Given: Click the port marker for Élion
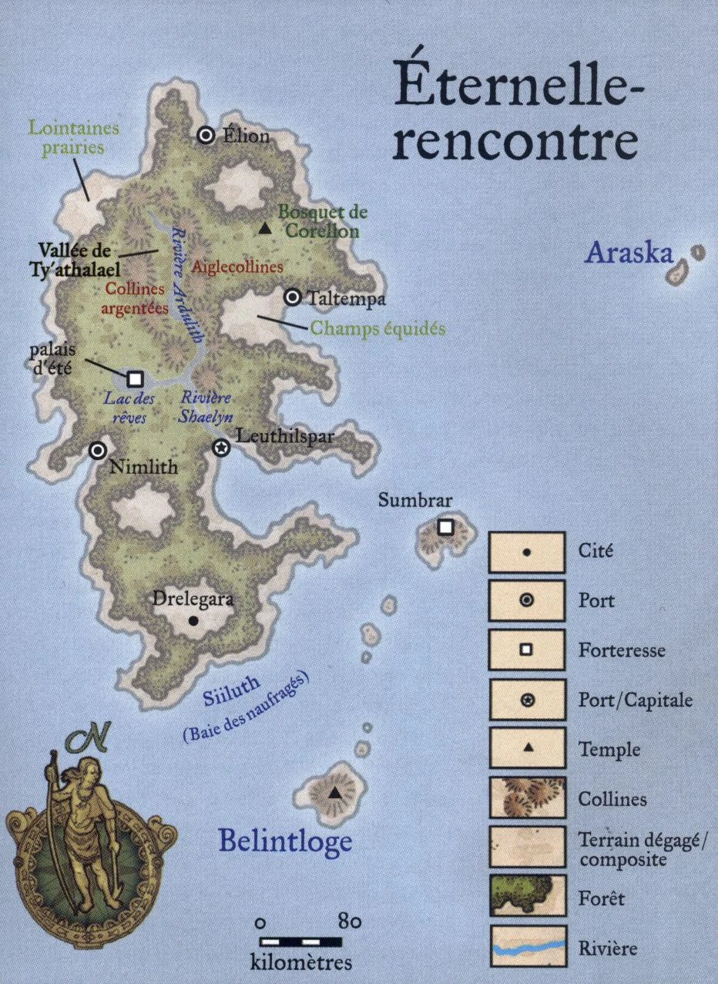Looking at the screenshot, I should (206, 136).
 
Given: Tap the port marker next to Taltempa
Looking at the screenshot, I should (293, 297).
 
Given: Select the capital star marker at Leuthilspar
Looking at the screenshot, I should (221, 448).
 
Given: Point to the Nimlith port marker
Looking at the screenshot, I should (98, 452).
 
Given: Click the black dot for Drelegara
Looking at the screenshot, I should (193, 620).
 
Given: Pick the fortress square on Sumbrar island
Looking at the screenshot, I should (445, 527).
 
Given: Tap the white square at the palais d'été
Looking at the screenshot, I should (136, 378).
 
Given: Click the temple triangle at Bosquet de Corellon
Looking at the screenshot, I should (265, 228).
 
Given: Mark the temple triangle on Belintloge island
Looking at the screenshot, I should (334, 793).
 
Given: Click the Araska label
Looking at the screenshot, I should (629, 254).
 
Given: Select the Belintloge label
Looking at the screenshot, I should (284, 841).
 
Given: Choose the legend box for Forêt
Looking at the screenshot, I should (528, 897).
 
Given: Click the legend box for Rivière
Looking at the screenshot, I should (528, 947).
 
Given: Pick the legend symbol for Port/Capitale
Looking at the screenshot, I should (528, 700).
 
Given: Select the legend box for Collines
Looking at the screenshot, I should (528, 798).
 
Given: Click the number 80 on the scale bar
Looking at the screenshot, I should (349, 922).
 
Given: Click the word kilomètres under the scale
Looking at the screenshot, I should (301, 962).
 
